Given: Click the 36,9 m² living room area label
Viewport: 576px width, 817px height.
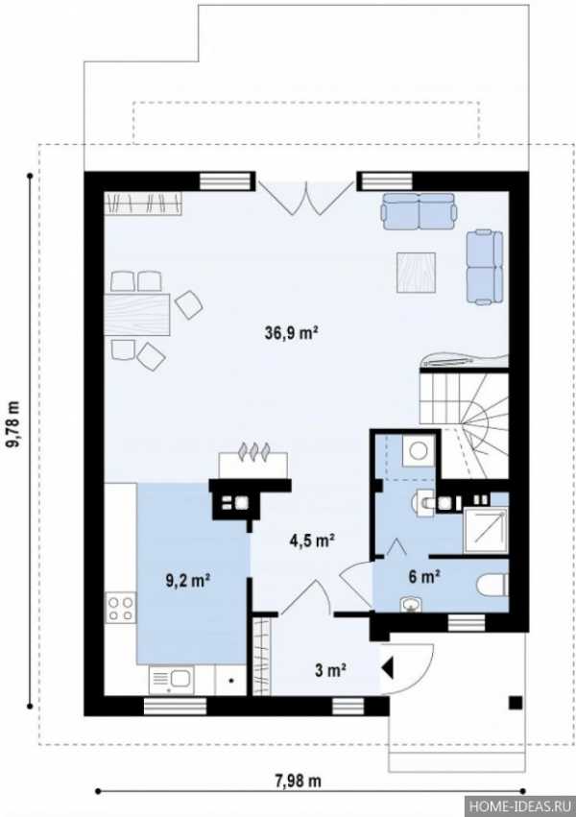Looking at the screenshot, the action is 292,332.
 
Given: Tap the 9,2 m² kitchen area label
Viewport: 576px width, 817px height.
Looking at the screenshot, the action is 188,580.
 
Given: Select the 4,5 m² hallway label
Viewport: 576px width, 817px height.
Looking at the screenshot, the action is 312,541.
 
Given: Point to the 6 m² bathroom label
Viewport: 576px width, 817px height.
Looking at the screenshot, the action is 424,576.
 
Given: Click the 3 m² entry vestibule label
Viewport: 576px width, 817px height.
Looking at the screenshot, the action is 331,670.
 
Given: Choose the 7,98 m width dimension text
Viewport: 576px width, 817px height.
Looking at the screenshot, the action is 298,781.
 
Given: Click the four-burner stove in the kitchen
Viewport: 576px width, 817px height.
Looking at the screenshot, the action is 120,608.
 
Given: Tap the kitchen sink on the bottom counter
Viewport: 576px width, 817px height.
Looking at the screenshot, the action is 171,680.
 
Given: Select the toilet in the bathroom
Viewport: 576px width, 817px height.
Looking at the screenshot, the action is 492,585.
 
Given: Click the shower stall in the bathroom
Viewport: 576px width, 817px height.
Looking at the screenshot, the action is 486,530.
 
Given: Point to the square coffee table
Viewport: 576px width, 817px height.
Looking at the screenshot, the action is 416,272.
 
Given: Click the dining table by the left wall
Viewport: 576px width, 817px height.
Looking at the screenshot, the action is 137,314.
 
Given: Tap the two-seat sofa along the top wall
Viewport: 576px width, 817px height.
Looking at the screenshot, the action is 420,211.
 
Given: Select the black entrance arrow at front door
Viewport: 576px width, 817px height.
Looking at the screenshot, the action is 388,668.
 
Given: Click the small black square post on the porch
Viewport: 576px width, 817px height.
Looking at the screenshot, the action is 516,703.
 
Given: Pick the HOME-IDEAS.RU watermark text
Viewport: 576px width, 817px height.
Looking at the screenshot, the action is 521,806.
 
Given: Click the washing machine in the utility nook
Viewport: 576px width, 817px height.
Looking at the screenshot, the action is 418,450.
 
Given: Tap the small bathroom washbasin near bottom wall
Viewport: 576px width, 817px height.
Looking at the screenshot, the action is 412,604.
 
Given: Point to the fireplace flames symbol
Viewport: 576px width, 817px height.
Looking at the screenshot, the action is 253,450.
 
